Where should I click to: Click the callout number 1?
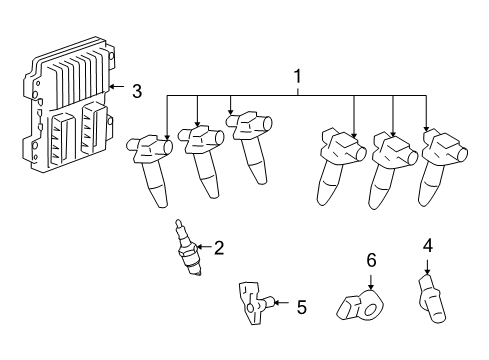point(296,76)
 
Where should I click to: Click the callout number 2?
point(219,248)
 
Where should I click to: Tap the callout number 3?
point(137,90)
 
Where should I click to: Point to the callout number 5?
point(301,307)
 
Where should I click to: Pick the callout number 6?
point(370,260)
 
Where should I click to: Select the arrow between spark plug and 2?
point(203,248)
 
